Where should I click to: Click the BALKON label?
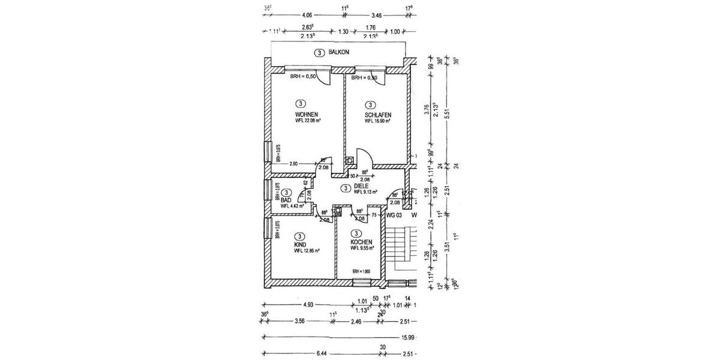coord(339,53)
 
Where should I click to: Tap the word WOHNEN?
coord(306,114)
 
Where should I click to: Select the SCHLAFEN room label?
coord(378,114)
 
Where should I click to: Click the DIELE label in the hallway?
coord(361,186)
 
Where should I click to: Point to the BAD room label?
coord(286,199)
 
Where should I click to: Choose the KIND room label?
coord(300,245)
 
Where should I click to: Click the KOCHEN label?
coord(362,241)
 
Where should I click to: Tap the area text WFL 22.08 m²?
coord(307,121)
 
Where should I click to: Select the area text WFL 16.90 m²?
coord(377,121)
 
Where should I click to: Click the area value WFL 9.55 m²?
coord(362,248)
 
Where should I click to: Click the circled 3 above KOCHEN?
coord(357,233)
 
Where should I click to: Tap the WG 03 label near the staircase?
coord(394,214)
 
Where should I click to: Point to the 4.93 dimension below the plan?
coord(308,305)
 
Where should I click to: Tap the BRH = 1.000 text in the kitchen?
coord(361,272)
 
